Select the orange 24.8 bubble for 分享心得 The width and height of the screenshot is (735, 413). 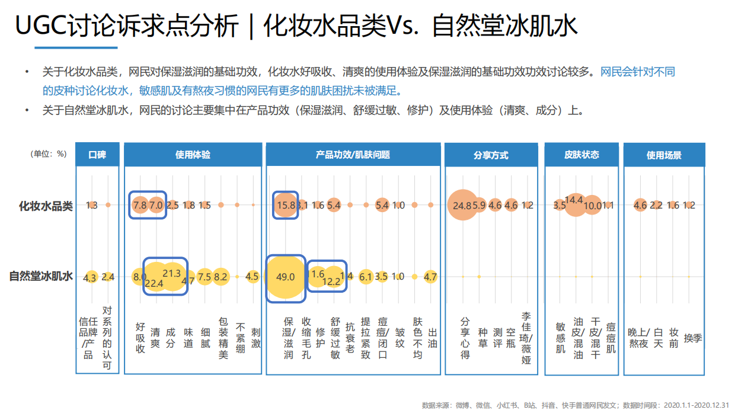[x=462, y=205]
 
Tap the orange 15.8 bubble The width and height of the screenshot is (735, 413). [x=286, y=205]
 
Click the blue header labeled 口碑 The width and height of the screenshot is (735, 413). [x=97, y=155]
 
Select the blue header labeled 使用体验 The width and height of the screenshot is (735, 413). [x=192, y=155]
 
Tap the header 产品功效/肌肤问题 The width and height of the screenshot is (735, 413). [x=353, y=155]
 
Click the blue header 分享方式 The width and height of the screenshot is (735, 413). [x=491, y=155]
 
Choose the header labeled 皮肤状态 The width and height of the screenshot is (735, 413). [x=581, y=155]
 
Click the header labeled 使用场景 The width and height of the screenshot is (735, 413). [x=664, y=155]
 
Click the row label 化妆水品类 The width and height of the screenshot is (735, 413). [x=46, y=206]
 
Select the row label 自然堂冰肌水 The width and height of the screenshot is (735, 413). [x=41, y=276]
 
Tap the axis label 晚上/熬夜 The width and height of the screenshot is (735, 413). [x=639, y=338]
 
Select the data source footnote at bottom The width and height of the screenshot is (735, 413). [x=575, y=405]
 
